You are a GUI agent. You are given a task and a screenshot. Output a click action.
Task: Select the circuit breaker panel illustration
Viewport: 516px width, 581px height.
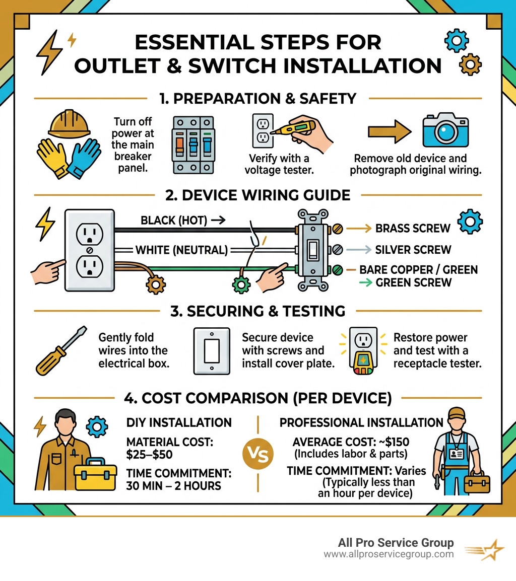coord(192,146)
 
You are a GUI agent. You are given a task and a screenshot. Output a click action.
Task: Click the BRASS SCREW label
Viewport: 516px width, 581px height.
coord(413,228)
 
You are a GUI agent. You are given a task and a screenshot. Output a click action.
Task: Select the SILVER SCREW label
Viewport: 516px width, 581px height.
coord(413,250)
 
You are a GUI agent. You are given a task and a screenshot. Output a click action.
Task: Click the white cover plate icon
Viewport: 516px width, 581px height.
coord(212,351)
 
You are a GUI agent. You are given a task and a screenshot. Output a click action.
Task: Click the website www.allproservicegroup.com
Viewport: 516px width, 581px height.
coord(388,554)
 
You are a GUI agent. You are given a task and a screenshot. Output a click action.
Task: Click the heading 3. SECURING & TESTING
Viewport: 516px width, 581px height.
coord(257,311)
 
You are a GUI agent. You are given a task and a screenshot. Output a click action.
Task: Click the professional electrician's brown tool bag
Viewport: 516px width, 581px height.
coord(476,483)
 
